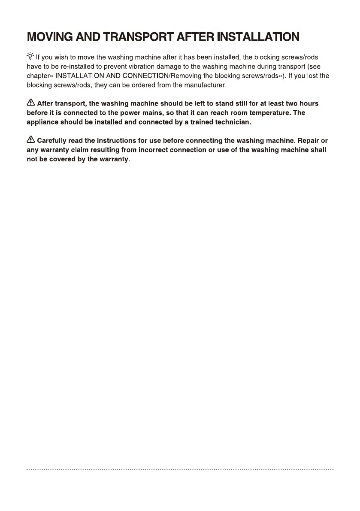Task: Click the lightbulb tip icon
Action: (30, 56)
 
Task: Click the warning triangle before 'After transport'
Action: (31, 103)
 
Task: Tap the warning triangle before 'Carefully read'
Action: (31, 140)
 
